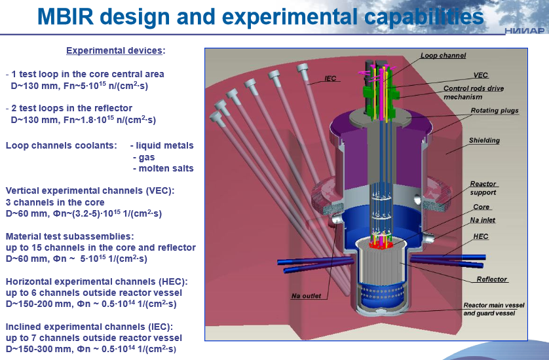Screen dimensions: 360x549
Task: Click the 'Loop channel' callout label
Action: point(443,56)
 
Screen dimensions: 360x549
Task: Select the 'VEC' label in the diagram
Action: point(481,75)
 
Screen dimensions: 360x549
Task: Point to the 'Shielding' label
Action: point(484,141)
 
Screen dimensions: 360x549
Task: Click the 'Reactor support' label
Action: point(483,189)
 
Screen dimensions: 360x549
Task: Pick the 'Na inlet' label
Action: point(485,221)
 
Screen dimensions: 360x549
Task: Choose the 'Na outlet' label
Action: point(307,297)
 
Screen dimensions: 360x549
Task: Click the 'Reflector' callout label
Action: point(491,279)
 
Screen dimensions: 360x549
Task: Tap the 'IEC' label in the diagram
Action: point(331,79)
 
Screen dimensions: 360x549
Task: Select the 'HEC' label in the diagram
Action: point(481,236)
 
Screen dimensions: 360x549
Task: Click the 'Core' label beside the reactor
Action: point(482,207)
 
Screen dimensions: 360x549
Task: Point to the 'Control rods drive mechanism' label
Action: point(474,92)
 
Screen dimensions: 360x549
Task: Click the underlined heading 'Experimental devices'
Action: point(115,50)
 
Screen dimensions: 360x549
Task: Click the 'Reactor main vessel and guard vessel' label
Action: point(493,309)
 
